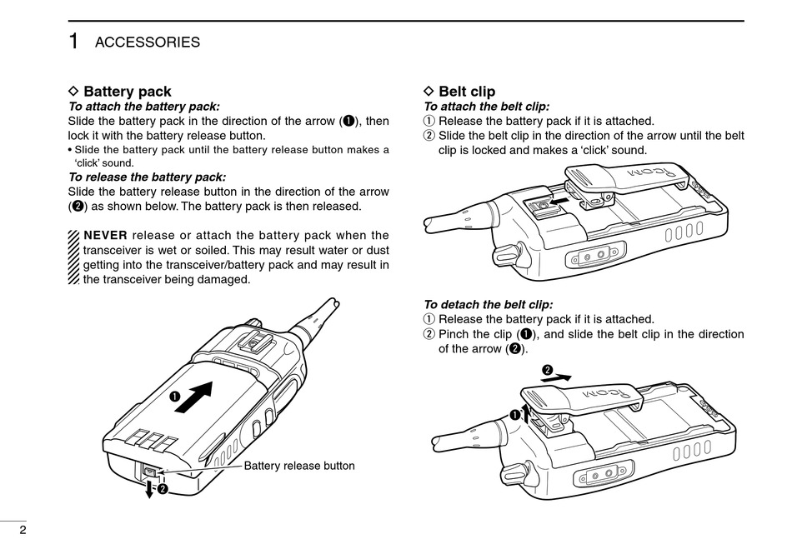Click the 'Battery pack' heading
[127, 92]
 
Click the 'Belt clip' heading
[466, 92]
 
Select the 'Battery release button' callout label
[299, 466]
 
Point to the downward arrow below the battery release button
[149, 490]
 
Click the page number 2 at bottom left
[11, 531]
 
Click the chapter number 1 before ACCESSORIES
[74, 41]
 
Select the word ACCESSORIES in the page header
[147, 42]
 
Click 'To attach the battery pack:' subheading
[143, 107]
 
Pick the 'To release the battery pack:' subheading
[146, 177]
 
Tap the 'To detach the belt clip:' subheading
[488, 305]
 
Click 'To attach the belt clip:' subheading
[486, 107]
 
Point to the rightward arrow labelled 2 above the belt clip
[560, 377]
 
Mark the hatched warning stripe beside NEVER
[74, 257]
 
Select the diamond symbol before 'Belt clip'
[429, 92]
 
